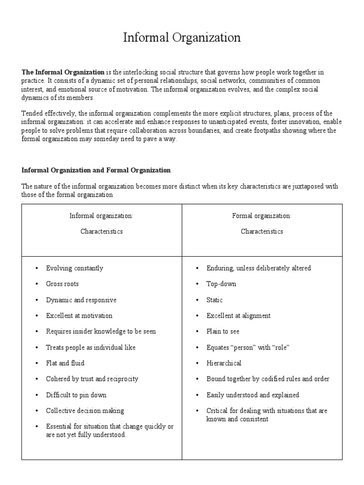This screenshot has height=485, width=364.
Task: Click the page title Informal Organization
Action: click(x=182, y=38)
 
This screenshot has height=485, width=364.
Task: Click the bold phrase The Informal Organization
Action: click(x=63, y=72)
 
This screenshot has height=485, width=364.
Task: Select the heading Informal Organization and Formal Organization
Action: click(x=96, y=170)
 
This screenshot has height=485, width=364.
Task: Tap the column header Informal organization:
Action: click(x=101, y=216)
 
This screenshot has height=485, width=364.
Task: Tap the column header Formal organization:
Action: click(x=262, y=216)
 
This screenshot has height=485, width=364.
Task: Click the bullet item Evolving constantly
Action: click(x=74, y=268)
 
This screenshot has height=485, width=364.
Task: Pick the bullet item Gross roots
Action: click(x=63, y=284)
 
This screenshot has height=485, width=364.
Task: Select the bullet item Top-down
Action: click(x=221, y=284)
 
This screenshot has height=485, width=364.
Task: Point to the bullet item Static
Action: click(x=215, y=300)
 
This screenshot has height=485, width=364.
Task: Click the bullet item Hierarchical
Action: click(x=224, y=363)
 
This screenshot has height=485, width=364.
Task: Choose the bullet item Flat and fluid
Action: click(x=65, y=363)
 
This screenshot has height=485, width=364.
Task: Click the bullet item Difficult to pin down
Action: click(x=76, y=395)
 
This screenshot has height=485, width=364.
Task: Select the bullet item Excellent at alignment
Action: click(x=238, y=316)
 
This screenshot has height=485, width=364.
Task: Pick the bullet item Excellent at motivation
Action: click(x=79, y=316)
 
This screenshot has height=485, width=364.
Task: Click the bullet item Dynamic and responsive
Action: click(x=81, y=300)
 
